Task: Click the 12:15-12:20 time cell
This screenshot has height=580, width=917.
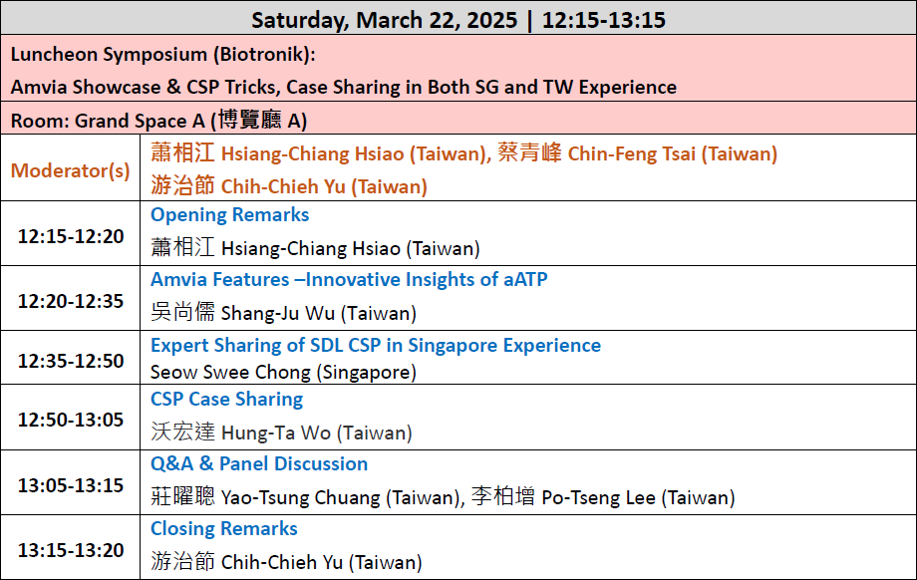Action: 71,236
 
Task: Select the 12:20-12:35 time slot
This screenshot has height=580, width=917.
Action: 71,301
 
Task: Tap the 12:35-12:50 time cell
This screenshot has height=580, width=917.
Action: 71,361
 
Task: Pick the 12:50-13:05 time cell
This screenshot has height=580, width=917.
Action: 71,420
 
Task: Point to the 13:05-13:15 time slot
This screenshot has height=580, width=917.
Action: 71,485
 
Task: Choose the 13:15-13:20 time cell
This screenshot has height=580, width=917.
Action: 71,550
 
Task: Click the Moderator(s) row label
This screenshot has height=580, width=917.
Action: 70,170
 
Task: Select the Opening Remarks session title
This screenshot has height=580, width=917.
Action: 230,214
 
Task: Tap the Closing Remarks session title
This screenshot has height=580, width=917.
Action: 224,528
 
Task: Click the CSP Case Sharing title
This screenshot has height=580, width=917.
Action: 227,399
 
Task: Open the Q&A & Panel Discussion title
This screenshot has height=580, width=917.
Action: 259,463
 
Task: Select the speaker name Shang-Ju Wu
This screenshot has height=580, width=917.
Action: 278,313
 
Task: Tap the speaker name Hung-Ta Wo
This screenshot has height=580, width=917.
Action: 276,433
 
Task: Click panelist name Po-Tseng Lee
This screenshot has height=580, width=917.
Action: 598,497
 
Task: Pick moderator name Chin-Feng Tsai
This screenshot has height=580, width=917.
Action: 632,153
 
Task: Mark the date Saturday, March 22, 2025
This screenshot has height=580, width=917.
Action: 384,20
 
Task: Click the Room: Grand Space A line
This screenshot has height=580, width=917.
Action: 158,121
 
